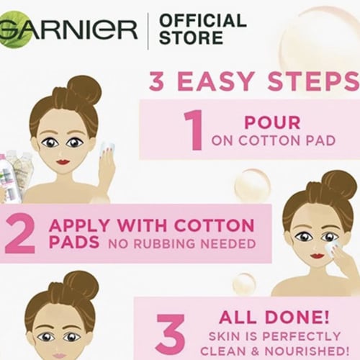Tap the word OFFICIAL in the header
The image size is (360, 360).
pyautogui.click(x=203, y=20)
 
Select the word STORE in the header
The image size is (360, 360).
pyautogui.click(x=192, y=37)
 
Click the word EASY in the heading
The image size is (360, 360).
pyautogui.click(x=215, y=81)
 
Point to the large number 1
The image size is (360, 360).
pyautogui.click(x=194, y=130)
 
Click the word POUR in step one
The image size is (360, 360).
pyautogui.click(x=272, y=122)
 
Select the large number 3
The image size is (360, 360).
pyautogui.click(x=171, y=335)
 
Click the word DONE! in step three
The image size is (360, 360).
pyautogui.click(x=297, y=317)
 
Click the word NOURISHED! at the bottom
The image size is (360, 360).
pyautogui.click(x=307, y=351)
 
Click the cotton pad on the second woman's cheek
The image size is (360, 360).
pyautogui.click(x=333, y=246)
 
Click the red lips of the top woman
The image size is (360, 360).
pyautogui.click(x=63, y=162)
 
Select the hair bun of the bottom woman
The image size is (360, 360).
pyautogui.click(x=81, y=283)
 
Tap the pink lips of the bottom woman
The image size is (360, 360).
pyautogui.click(x=58, y=355)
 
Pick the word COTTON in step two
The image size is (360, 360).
pyautogui.click(x=214, y=225)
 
